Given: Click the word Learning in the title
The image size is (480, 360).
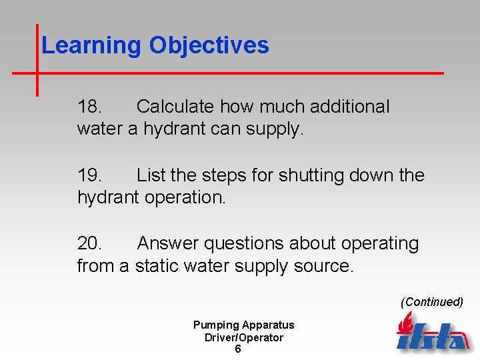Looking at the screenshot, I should (91, 45).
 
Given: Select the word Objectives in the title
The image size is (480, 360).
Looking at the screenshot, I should (209, 45).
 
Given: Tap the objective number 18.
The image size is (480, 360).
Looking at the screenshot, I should (90, 107).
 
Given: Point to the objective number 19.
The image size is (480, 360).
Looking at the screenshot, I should (90, 175).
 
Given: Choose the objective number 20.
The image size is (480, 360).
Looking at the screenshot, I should (90, 244).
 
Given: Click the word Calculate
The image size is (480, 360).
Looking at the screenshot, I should (175, 107).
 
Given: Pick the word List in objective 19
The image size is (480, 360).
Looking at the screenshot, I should (151, 175).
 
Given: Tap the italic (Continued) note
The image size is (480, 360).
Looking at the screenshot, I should (431, 302).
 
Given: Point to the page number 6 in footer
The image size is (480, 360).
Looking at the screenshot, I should (238, 349).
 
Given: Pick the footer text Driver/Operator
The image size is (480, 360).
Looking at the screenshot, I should (243, 337).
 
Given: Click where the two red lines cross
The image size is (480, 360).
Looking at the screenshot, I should (37, 72).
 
